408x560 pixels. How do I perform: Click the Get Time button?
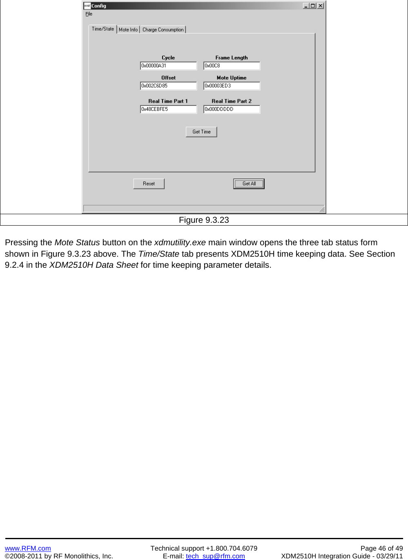(201, 132)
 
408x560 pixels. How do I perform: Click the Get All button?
(249, 184)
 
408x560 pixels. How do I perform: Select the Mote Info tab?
(128, 29)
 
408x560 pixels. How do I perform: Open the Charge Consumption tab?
(163, 29)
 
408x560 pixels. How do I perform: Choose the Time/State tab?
(103, 29)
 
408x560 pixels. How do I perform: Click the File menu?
(89, 14)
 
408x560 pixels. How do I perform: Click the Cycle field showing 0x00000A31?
(168, 66)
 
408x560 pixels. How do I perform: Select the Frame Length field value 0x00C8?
(232, 66)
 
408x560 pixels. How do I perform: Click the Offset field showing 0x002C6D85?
(168, 86)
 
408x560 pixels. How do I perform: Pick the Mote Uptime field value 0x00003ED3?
(232, 86)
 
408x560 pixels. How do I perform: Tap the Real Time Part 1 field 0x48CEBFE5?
(168, 109)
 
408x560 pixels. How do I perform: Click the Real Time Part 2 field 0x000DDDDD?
(232, 109)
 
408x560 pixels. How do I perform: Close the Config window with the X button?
(321, 6)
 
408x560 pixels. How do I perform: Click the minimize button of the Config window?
(306, 6)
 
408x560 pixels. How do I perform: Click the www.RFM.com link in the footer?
(28, 548)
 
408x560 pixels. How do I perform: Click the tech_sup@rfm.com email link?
(215, 556)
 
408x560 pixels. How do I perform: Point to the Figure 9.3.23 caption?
(204, 220)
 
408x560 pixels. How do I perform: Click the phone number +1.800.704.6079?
(232, 548)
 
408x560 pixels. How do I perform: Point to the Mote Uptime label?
(232, 78)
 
